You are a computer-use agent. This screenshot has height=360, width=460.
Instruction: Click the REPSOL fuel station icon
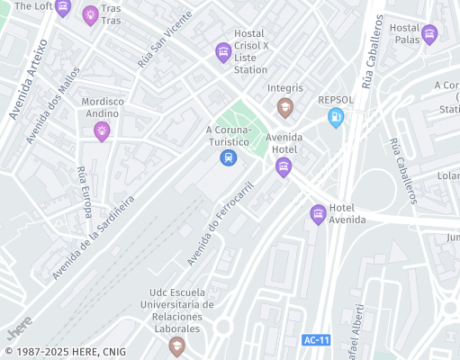(x=336, y=116)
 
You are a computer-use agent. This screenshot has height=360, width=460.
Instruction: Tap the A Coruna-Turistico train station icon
(x=229, y=157)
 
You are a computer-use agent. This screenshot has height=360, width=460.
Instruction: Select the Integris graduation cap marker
(x=285, y=108)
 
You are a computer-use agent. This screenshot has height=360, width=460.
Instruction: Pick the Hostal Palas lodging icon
(x=429, y=35)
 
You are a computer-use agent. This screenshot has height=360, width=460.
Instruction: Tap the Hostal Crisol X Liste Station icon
(x=223, y=53)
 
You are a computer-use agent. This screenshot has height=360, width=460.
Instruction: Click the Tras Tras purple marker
(x=90, y=15)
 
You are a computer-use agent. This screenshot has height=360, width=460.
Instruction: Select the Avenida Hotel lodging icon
(x=284, y=166)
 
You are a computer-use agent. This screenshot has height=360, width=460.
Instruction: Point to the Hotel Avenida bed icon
(x=318, y=213)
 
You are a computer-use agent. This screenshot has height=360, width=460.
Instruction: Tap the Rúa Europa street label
(x=85, y=192)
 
